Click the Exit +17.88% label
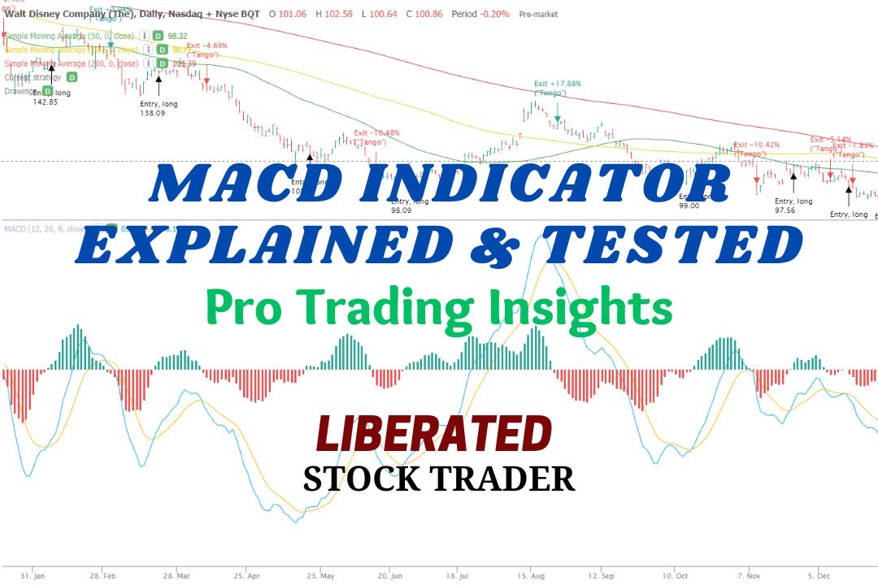point(557,83)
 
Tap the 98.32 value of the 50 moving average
point(176,36)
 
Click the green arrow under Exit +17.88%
point(558,120)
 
